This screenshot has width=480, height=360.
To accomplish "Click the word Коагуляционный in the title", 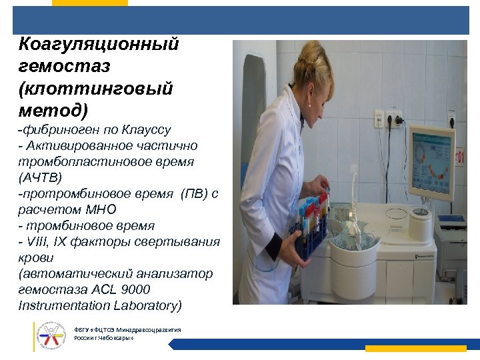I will (x=99, y=45).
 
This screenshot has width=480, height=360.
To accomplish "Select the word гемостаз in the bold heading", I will (x=65, y=67).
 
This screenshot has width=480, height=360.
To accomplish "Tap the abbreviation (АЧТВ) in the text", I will (x=41, y=177).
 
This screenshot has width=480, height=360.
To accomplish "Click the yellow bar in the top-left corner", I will (x=89, y=3).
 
